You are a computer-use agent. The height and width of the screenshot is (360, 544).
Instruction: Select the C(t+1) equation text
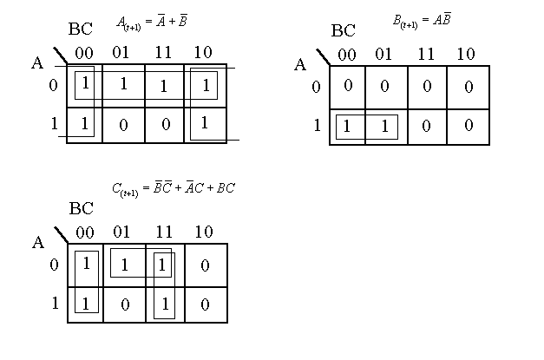[x=174, y=187]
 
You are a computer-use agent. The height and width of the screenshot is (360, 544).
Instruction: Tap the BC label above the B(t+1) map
[x=343, y=31]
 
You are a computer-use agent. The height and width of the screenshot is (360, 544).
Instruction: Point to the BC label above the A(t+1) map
[x=80, y=29]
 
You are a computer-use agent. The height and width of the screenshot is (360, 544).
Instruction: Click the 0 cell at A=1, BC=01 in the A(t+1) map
[x=123, y=124]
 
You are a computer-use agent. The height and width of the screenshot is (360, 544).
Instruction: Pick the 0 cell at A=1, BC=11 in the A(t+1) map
[x=163, y=124]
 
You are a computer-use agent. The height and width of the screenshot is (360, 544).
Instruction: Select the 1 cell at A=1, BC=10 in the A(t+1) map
[x=205, y=123]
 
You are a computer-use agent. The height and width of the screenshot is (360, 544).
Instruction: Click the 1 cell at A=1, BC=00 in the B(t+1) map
[x=347, y=127]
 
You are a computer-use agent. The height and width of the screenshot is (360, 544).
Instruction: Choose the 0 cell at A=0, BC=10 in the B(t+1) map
[x=469, y=87]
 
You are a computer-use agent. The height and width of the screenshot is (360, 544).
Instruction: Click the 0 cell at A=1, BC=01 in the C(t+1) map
[x=124, y=304]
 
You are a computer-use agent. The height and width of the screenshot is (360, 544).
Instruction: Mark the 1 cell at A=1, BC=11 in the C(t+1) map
[x=164, y=304]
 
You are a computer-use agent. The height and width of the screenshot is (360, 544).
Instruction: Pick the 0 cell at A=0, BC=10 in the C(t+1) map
[x=205, y=265]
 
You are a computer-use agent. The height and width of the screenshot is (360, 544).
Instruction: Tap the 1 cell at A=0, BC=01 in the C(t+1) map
[x=124, y=265]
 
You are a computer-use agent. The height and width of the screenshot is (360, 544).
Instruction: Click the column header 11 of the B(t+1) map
[x=426, y=55]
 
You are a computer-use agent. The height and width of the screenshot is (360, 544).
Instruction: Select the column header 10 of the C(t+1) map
[x=205, y=232]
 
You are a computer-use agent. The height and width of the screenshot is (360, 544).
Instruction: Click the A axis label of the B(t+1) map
[x=300, y=64]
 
